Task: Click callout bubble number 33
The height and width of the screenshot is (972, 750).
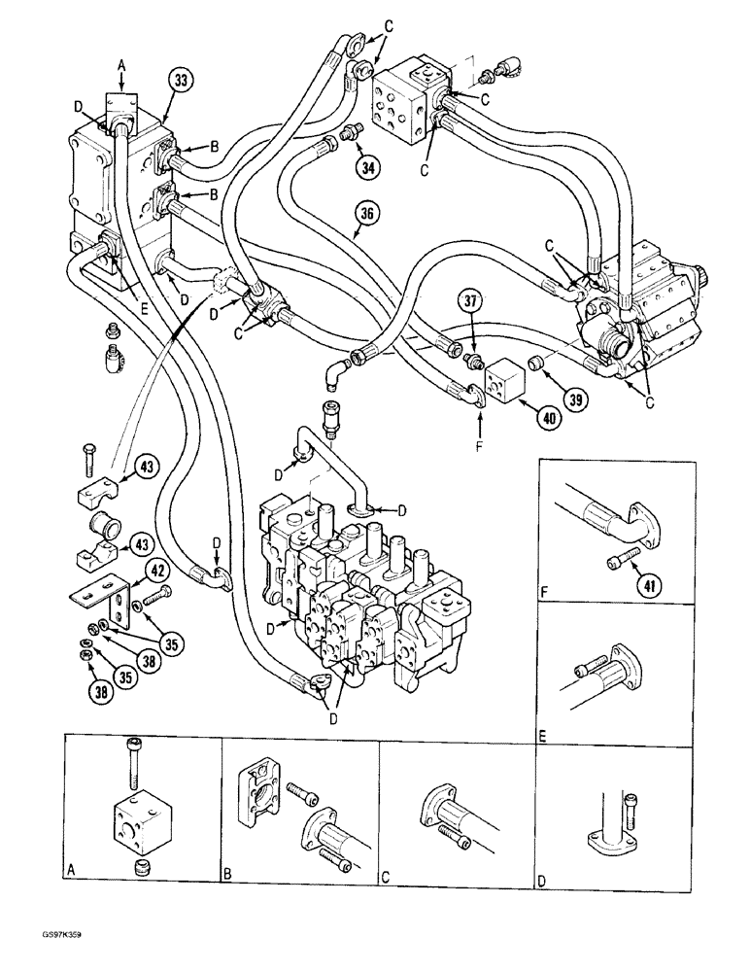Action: click(x=178, y=81)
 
